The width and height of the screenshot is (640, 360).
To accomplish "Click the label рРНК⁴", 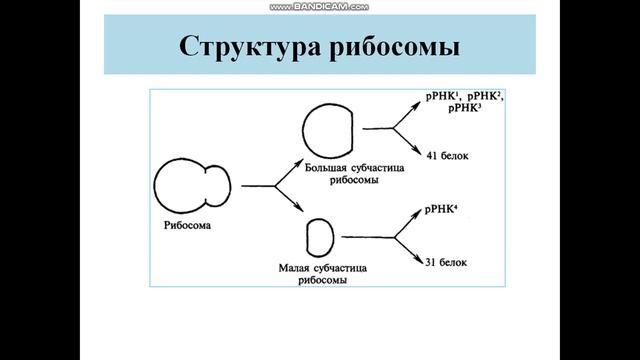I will point(443,208).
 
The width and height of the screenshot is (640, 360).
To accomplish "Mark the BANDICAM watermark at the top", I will point(319,6).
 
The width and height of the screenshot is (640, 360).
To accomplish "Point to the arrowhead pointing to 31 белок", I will point(421,259).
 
